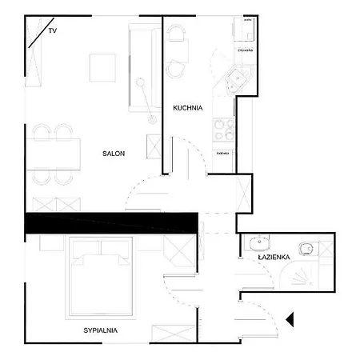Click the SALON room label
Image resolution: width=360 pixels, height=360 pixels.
point(113,154)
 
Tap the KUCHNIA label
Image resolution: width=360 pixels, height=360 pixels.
point(188,107)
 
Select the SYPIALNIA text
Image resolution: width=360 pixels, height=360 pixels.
point(102,330)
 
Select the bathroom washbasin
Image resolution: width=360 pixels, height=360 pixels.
point(260,242)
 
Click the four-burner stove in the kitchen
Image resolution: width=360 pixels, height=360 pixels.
point(223,129)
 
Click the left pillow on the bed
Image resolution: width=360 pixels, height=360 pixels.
point(84,258)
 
